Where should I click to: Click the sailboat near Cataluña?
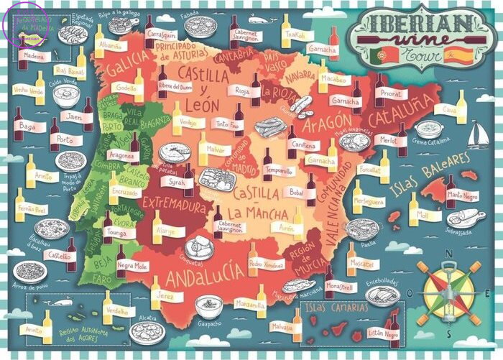point(478,134)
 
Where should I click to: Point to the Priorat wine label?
point(391,93)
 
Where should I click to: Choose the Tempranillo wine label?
point(277,170)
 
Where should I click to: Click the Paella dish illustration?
point(361,229)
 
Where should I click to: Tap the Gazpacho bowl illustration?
point(209,307)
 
